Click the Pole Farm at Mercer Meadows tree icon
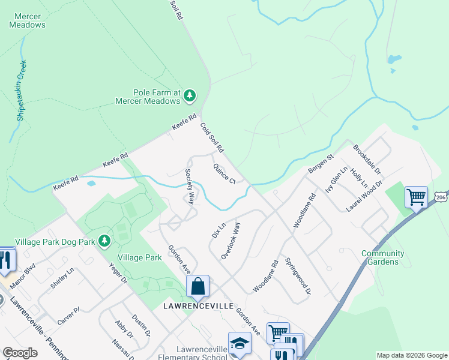[190, 95]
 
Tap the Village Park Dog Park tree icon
[105, 241]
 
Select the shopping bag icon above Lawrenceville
[197, 287]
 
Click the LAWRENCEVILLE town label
[198, 305]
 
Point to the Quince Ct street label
[224, 173]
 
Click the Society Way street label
[190, 186]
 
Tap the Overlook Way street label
[231, 241]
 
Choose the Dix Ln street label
[218, 230]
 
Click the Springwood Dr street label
[298, 276]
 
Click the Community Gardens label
[382, 257]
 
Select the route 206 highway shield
[441, 197]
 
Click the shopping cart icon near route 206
[416, 196]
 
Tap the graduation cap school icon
[240, 343]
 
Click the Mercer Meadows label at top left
[27, 21]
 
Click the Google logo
[20, 353]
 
